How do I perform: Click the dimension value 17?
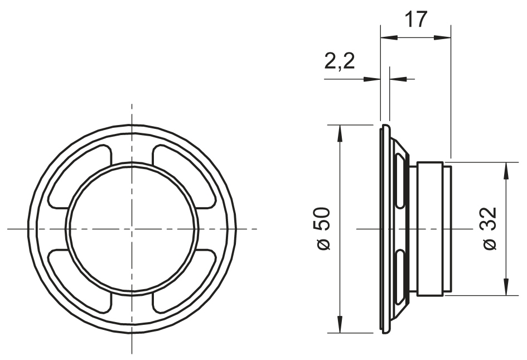pyautogui.click(x=415, y=19)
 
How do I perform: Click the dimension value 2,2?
pyautogui.click(x=340, y=61)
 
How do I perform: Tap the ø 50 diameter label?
pyautogui.click(x=323, y=229)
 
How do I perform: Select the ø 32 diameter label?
pyautogui.click(x=490, y=228)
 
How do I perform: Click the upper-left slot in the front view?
pyautogui.click(x=80, y=176)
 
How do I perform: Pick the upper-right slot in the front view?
pyautogui.click(x=184, y=176)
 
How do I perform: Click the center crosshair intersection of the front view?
pyautogui.click(x=132, y=229)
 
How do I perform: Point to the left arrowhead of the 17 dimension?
pyautogui.click(x=389, y=37)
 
